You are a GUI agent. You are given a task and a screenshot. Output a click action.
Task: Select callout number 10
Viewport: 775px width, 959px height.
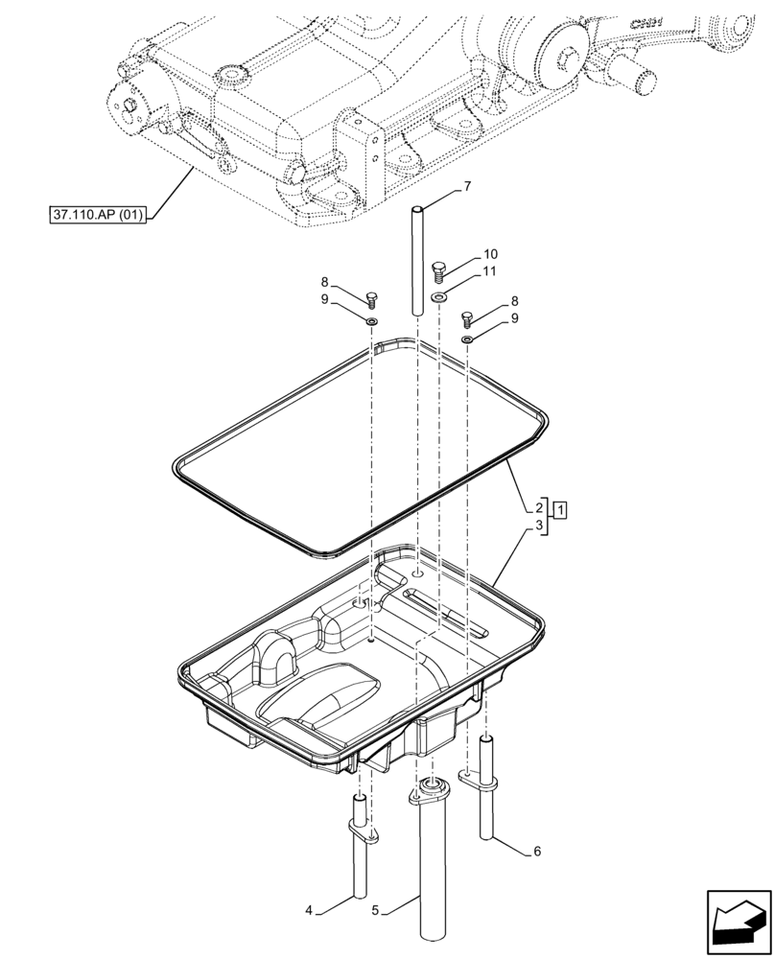pos(490,254)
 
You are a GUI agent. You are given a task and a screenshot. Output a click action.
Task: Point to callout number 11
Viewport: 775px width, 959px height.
pos(490,272)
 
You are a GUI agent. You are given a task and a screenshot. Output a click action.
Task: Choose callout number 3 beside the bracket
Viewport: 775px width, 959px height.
pos(541,526)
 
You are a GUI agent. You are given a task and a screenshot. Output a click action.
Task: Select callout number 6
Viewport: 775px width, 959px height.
pos(536,851)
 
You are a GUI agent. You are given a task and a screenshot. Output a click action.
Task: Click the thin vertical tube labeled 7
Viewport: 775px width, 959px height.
pos(418,259)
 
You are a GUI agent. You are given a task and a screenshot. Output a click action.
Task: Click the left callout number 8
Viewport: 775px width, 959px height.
pos(325,282)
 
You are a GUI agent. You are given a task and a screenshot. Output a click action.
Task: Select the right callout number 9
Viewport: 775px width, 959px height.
pos(515,317)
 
